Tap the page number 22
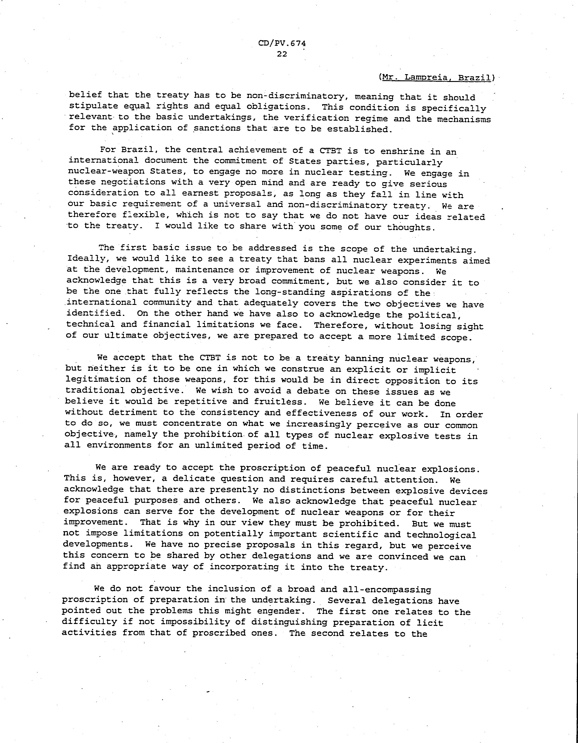click(282, 54)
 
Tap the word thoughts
click(411, 228)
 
